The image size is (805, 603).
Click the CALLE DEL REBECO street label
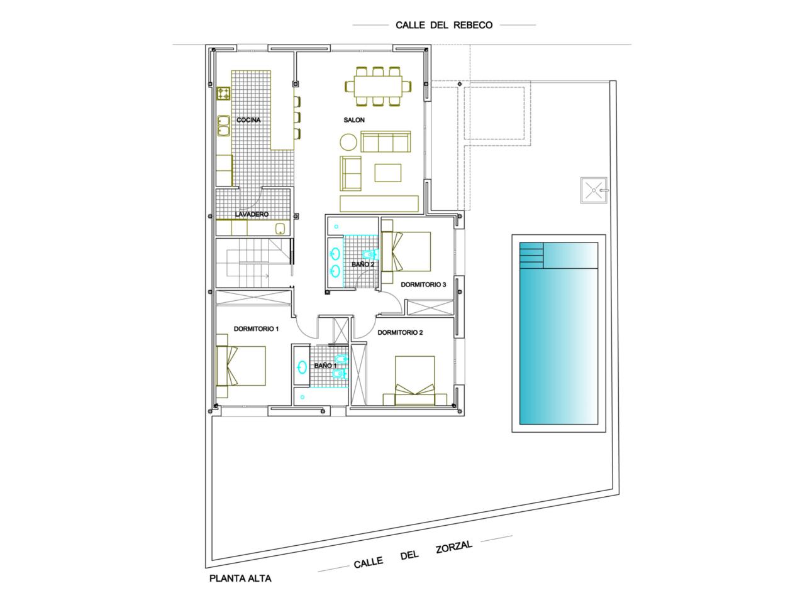click(444, 25)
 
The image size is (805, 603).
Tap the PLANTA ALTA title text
click(240, 579)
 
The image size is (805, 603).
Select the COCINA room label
click(248, 120)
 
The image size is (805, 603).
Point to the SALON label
click(354, 120)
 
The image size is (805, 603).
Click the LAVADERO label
click(252, 214)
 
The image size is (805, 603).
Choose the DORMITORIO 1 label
click(256, 329)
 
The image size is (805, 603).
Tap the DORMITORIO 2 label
click(400, 332)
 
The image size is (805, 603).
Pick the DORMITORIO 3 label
click(423, 285)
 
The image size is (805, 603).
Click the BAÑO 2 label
click(363, 264)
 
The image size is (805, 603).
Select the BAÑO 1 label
click(325, 366)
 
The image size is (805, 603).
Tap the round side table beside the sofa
click(348, 142)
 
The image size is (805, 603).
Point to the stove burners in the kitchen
click(223, 94)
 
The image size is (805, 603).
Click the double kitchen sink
click(223, 126)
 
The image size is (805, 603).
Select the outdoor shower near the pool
click(594, 190)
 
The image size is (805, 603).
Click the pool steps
click(531, 255)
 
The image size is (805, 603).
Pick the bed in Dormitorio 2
click(415, 381)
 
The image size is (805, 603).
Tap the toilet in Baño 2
click(370, 254)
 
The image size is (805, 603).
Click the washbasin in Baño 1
click(303, 367)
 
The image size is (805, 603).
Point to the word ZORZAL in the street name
click(454, 547)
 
